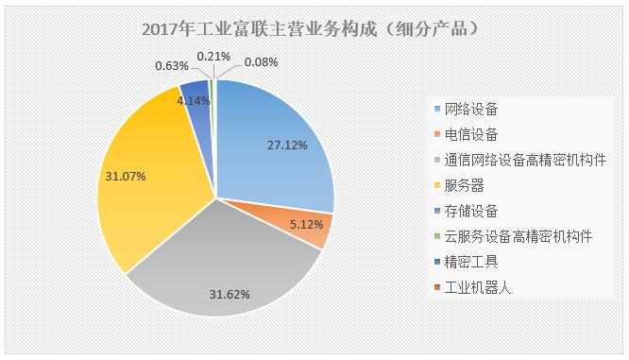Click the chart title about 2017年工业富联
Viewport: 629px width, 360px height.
click(x=314, y=28)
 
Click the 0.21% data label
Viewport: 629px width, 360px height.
click(x=213, y=57)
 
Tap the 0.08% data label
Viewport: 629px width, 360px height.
click(x=262, y=63)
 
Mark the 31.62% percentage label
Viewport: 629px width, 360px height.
click(x=229, y=294)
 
